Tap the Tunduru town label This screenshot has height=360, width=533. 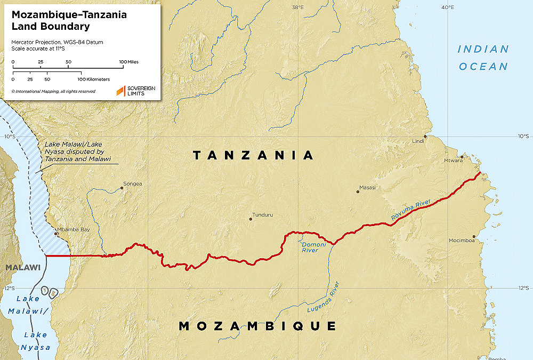click(x=263, y=215)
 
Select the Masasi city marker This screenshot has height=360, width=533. click(x=358, y=191)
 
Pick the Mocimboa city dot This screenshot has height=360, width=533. click(x=473, y=236)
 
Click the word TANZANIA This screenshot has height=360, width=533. click(x=254, y=155)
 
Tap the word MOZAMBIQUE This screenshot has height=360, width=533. click(x=257, y=326)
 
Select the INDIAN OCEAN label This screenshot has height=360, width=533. click(x=483, y=58)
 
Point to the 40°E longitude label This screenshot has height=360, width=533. click(x=448, y=7)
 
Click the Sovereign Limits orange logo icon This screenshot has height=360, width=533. click(x=120, y=91)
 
